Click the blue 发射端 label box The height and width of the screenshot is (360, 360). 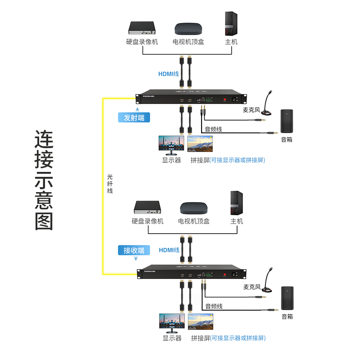(134, 118)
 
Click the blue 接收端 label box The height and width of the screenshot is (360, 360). (134, 250)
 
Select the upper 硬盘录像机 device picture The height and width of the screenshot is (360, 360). (142, 28)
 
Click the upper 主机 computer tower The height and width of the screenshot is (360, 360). (231, 23)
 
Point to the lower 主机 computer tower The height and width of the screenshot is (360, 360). (237, 203)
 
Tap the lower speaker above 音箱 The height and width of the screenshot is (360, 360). (287, 298)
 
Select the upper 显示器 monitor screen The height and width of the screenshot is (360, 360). (171, 144)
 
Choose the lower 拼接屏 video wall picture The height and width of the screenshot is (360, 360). (201, 322)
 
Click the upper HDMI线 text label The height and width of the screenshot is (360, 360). (168, 73)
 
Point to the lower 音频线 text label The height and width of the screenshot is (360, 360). (214, 306)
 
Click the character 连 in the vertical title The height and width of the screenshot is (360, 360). (45, 140)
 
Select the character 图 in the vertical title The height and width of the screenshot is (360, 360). (45, 220)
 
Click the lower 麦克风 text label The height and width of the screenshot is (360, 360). (252, 287)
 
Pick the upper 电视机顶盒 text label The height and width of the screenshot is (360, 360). (189, 42)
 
